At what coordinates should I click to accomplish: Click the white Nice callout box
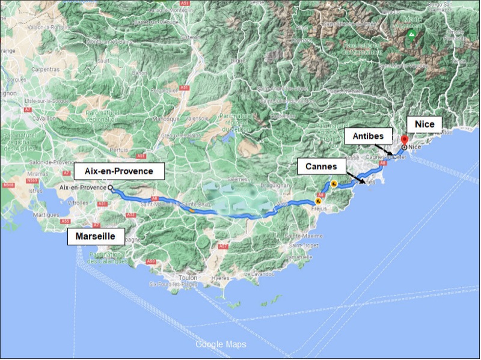(424, 124)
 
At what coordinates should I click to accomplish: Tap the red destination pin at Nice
(404, 140)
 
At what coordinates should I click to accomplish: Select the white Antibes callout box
(368, 136)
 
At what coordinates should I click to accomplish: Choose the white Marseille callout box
(96, 236)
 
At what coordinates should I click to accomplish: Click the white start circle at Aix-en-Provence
(111, 188)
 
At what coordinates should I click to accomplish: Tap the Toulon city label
(188, 278)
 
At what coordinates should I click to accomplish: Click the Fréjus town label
(319, 209)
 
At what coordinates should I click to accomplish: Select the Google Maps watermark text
(221, 344)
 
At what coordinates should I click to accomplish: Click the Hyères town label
(221, 278)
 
